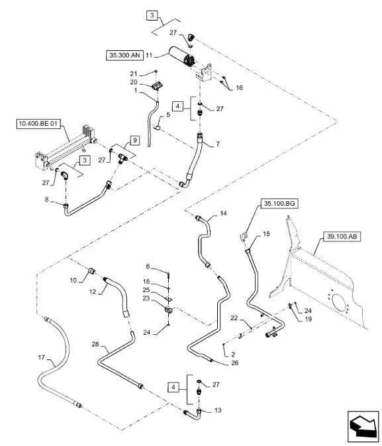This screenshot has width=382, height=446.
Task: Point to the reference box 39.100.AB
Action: tap(342, 236)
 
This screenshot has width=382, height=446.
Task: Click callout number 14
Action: tap(223, 214)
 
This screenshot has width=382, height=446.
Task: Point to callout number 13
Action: tap(219, 410)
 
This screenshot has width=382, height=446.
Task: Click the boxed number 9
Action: tap(134, 140)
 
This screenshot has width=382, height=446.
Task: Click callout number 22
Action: tap(233, 319)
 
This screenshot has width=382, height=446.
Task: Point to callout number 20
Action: tap(151, 82)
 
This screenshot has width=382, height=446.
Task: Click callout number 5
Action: tap(169, 114)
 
